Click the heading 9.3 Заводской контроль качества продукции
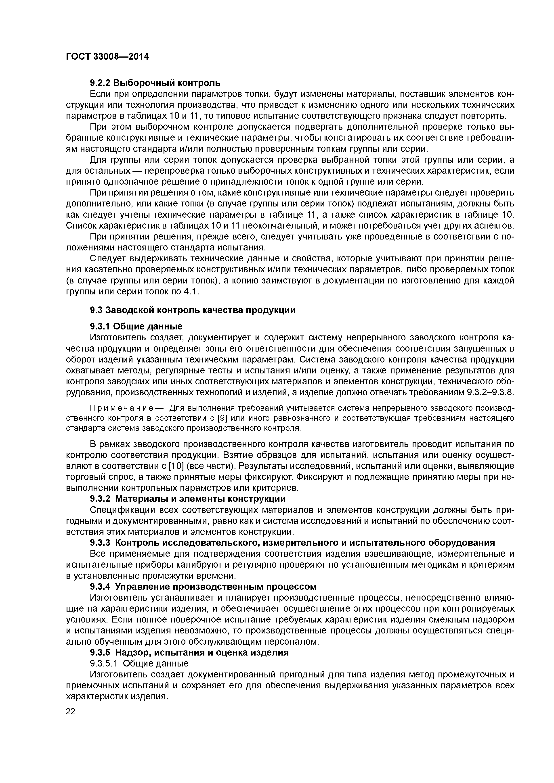[193, 310]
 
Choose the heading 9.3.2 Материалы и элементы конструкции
[188, 499]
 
